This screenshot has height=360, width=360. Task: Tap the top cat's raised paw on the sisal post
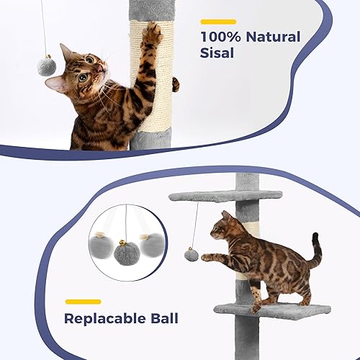152,32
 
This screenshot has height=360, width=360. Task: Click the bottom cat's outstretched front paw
205,256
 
